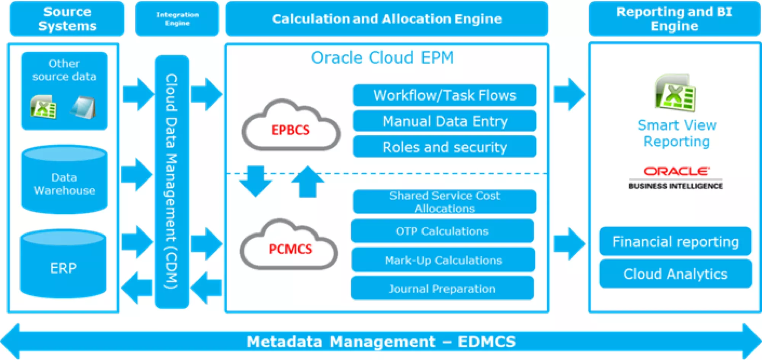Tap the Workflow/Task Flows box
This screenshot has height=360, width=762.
(x=445, y=95)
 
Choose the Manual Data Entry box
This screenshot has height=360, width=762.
(x=445, y=121)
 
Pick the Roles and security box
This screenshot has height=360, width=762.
(x=445, y=147)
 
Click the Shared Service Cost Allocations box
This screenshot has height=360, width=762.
(x=445, y=202)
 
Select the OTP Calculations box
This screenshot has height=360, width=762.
(x=442, y=231)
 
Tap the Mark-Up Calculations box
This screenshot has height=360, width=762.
(x=443, y=260)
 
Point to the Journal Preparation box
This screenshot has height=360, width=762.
(x=442, y=288)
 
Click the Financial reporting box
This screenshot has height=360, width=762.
(x=676, y=242)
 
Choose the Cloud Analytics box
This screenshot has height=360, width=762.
(x=676, y=274)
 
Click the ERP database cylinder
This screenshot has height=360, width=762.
(x=63, y=264)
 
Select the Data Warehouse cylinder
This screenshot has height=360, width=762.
(x=64, y=179)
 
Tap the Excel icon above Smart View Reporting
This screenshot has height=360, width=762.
(x=675, y=93)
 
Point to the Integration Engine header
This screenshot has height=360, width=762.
(x=177, y=19)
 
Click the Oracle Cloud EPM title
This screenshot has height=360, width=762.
(x=383, y=58)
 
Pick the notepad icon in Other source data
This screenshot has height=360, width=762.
(x=83, y=107)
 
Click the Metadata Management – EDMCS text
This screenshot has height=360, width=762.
(x=381, y=342)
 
